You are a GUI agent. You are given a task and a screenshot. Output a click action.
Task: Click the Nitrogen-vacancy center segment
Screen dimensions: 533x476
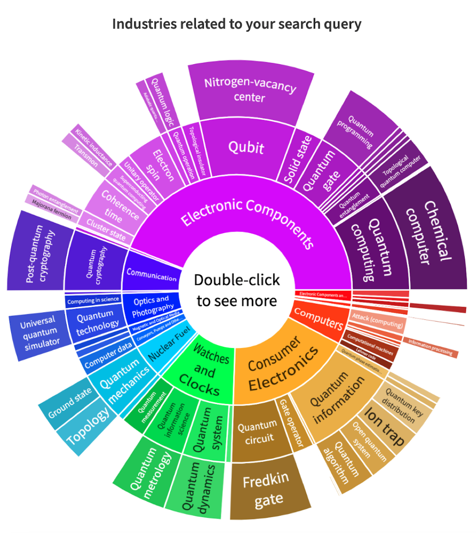click(250, 91)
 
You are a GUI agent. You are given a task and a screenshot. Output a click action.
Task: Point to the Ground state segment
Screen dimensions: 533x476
click(69, 403)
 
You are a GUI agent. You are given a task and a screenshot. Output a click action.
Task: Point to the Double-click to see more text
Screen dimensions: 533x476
click(237, 290)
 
